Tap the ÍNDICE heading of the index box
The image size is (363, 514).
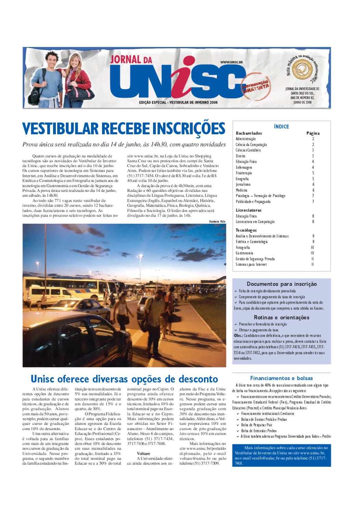click(281, 126)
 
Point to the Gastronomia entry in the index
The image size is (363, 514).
click(245, 253)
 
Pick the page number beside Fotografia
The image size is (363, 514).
click(312, 247)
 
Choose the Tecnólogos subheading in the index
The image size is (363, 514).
click(246, 230)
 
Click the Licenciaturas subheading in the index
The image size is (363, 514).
click(249, 210)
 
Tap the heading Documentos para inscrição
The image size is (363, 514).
click(281, 284)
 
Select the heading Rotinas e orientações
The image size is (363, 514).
click(281, 317)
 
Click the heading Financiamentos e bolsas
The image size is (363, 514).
click(281, 378)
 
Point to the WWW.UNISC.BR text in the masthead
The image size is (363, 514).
click(231, 62)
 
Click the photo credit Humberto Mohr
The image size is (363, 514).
click(217, 222)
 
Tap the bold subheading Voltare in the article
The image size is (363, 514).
click(143, 453)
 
